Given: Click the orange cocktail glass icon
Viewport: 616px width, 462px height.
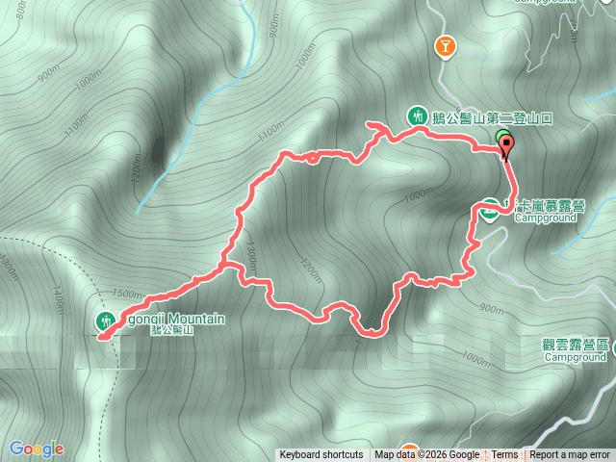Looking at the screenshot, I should (445, 45).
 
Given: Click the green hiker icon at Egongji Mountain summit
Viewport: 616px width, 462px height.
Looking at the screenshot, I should (104, 320).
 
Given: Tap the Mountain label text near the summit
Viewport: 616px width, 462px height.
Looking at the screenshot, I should (172, 319).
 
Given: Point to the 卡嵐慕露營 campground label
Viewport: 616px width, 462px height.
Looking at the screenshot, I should (549, 206).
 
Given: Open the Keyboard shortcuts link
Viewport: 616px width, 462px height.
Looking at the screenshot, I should (321, 455).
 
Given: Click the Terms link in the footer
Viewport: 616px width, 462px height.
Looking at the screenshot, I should (504, 455).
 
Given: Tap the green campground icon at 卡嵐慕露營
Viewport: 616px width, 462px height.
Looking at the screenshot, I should (490, 210).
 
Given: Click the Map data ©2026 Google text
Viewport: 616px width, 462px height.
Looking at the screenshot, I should (427, 455).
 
